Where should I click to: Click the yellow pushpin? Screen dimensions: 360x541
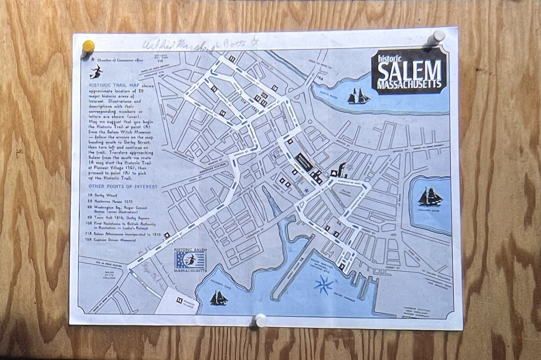tap(88, 46)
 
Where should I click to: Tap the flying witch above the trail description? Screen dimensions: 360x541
tap(96, 73)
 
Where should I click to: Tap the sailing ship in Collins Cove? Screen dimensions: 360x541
tap(429, 197)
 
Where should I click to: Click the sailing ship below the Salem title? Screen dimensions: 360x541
tap(358, 97)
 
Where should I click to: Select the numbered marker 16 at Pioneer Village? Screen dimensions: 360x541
tap(179, 300)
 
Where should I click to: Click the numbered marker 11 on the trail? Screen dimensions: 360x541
tap(232, 59)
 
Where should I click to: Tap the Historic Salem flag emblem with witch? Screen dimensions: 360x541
tap(191, 260)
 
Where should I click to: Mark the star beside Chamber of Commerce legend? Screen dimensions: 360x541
tap(93, 60)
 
